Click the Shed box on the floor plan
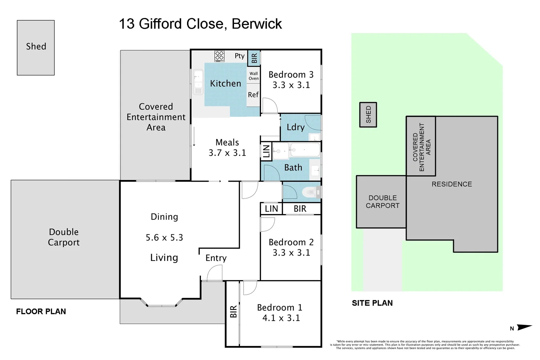point(36,47)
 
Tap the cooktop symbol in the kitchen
point(219,56)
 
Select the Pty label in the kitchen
point(239,56)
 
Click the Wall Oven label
point(253,76)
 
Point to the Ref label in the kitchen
point(253,95)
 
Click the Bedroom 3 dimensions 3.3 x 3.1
point(291,85)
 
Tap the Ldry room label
point(296,127)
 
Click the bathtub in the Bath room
point(304,150)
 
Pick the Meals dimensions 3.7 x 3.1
point(227,153)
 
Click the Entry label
point(216,258)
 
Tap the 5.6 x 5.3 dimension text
point(164,238)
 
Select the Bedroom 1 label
point(280,307)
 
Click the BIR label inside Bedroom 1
point(233,311)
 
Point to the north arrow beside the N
point(524,327)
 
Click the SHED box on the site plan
point(368,115)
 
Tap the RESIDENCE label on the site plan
point(452,184)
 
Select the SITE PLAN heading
point(372,303)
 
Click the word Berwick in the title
point(257,24)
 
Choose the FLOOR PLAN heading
point(41,311)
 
